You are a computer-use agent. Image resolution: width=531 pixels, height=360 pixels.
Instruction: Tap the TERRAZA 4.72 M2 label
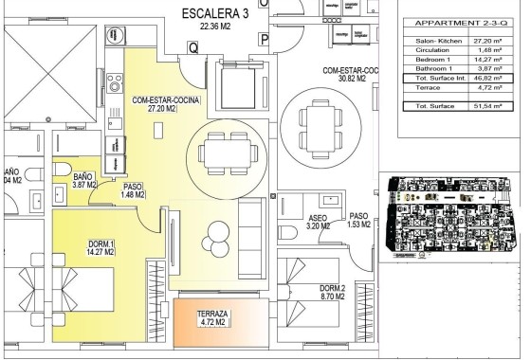pos(211,318)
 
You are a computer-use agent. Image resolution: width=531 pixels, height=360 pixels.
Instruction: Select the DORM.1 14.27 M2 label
pos(100,248)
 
